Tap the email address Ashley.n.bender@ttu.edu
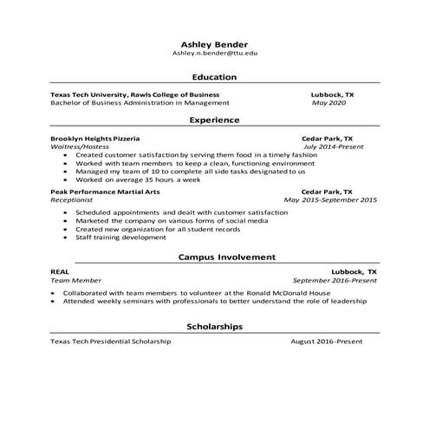point(214,53)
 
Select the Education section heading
point(214,77)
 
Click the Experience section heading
point(214,120)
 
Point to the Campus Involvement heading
point(227,257)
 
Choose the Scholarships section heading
point(214,326)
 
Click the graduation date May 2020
point(328,102)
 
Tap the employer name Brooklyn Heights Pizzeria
point(94,138)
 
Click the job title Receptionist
point(71,199)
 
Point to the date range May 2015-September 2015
point(330,199)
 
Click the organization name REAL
point(60,272)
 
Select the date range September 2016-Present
point(335,281)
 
